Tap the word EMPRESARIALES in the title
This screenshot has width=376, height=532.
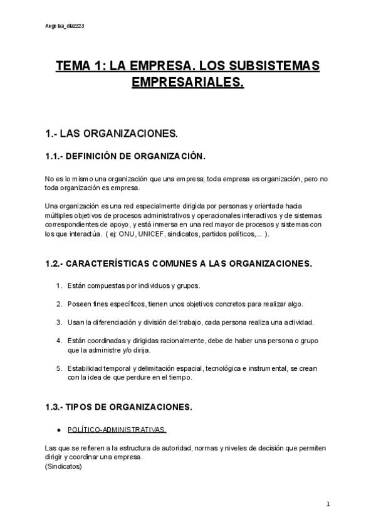coord(187,82)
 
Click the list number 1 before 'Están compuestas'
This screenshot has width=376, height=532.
coord(58,286)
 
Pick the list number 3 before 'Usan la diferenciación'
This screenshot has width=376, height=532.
coord(58,322)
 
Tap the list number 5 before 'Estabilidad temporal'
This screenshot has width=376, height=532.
coord(58,370)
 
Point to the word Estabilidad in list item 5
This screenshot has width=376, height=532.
coord(85,370)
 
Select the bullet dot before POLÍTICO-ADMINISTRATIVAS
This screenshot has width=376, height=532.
coord(58,430)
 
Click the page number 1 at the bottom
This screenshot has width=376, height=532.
coord(328,504)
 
